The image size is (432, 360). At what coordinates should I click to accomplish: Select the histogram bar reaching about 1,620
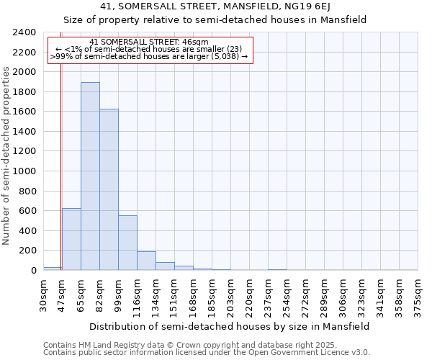(109, 189)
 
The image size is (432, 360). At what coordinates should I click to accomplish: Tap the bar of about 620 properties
(71, 239)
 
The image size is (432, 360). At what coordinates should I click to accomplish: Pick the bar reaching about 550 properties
(127, 243)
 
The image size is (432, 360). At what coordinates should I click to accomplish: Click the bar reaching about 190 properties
(146, 261)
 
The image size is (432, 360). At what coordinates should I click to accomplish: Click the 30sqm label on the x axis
(43, 294)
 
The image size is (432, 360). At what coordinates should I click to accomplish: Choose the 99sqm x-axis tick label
(118, 294)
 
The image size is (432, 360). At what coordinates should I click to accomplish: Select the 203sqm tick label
(230, 294)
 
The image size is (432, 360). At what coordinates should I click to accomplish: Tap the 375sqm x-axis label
(418, 294)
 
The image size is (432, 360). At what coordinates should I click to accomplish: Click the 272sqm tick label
(305, 294)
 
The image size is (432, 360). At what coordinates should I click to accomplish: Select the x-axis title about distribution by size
(230, 326)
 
